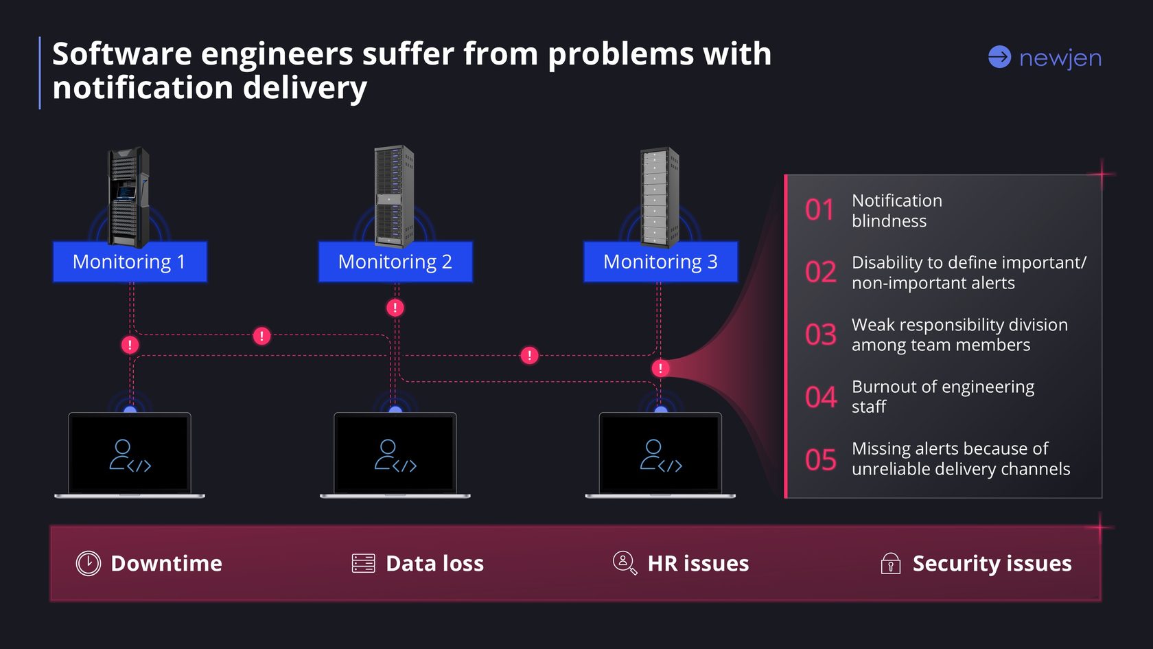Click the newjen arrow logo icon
(x=999, y=57)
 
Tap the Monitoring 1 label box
(x=130, y=262)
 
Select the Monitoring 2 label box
(x=395, y=262)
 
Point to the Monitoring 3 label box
(x=660, y=262)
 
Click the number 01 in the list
(x=819, y=210)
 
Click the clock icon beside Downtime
(x=89, y=563)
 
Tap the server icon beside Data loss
(x=363, y=563)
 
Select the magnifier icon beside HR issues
(x=624, y=562)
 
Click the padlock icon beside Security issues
(x=890, y=563)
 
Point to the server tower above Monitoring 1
(x=128, y=196)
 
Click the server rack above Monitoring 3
(x=659, y=197)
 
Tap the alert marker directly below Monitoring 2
(x=395, y=308)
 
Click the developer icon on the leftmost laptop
(x=130, y=455)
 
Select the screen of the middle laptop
(x=395, y=453)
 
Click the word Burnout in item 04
(x=884, y=387)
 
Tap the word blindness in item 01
(x=889, y=221)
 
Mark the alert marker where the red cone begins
(x=660, y=368)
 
